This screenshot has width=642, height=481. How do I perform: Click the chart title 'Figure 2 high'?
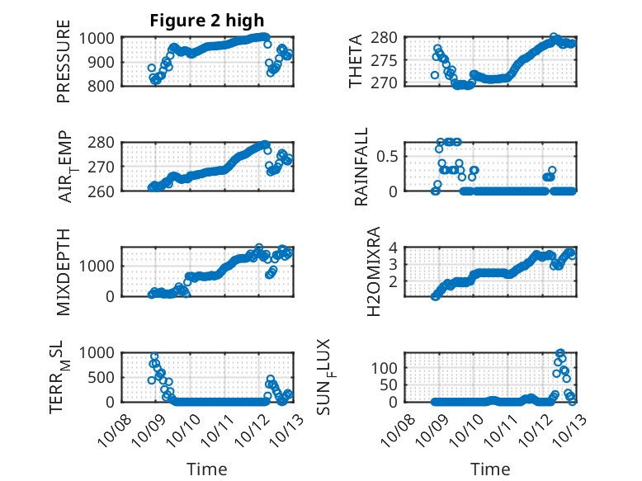click(206, 21)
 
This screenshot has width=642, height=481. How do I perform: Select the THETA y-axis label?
click(356, 61)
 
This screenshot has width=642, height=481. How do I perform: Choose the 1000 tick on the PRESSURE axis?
click(100, 38)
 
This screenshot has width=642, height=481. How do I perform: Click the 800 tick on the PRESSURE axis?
click(105, 84)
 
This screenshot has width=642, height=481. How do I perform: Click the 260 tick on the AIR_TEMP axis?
click(105, 191)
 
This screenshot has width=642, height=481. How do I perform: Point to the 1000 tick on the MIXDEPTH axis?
click(100, 266)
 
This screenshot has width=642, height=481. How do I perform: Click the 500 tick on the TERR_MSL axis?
click(105, 377)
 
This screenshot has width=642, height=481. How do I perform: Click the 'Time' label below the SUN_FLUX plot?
click(490, 469)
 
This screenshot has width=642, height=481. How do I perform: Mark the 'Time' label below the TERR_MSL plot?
click(207, 469)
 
